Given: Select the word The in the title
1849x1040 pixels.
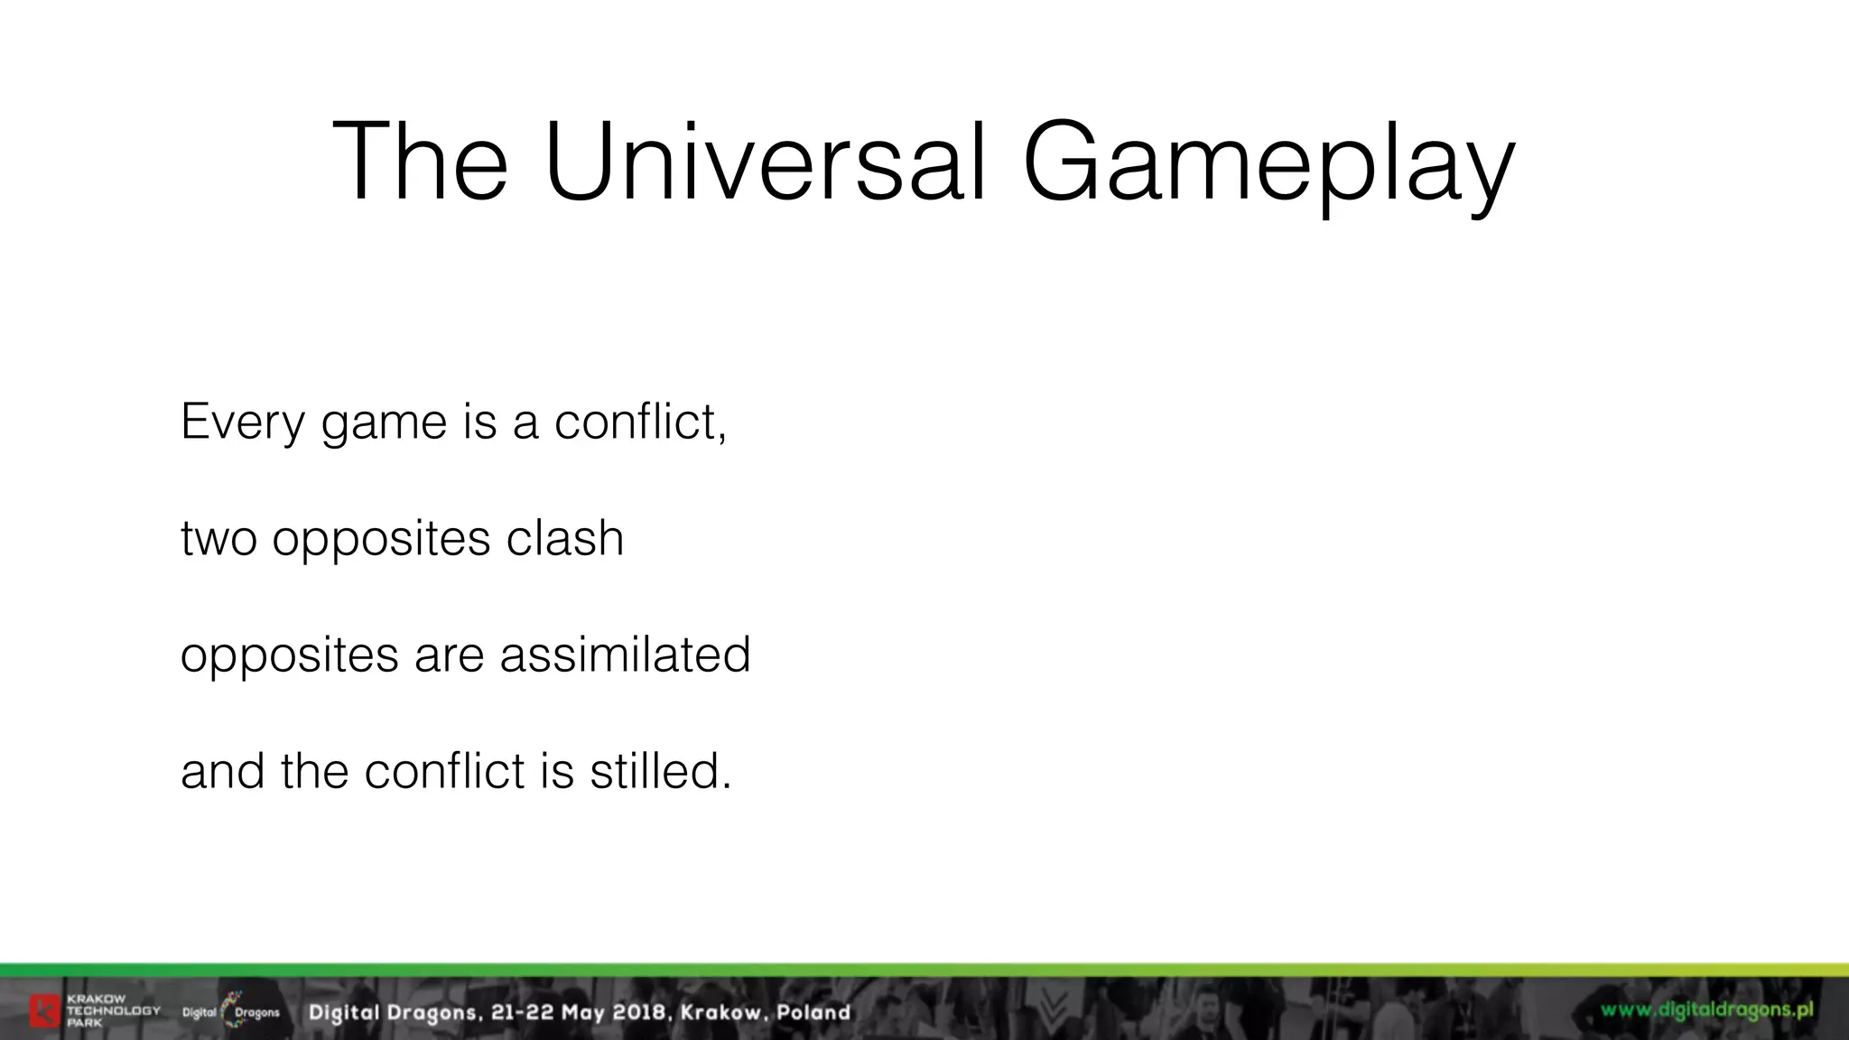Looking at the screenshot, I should point(420,162).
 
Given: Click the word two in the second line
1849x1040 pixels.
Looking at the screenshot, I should point(218,539).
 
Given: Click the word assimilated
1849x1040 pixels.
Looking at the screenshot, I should point(625,655).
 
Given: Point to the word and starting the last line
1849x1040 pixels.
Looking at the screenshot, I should point(222,771).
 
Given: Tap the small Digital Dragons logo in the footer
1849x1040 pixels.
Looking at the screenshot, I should point(231,1011).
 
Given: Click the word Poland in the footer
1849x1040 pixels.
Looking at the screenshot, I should point(813,1013).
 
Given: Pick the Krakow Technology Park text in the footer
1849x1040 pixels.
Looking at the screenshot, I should point(113,1011).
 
